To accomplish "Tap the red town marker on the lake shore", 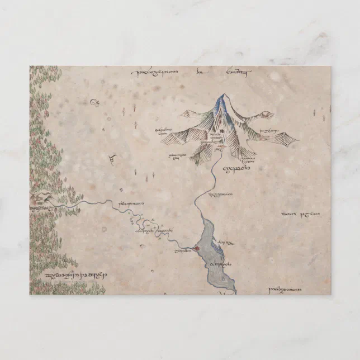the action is (197, 249).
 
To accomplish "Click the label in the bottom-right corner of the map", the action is (285, 290).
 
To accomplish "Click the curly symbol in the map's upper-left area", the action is (94, 102).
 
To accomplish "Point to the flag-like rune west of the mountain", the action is (113, 159).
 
